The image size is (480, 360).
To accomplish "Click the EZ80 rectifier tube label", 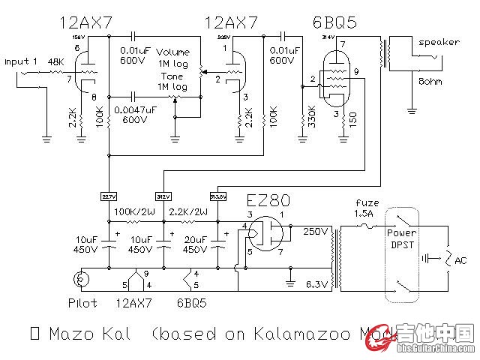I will click(x=269, y=200).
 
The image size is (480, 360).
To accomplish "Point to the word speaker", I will click(x=439, y=43).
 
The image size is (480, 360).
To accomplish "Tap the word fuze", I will click(x=362, y=203).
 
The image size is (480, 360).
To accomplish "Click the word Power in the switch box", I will click(x=400, y=233).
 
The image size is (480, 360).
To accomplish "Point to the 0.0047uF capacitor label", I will click(x=136, y=109).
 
